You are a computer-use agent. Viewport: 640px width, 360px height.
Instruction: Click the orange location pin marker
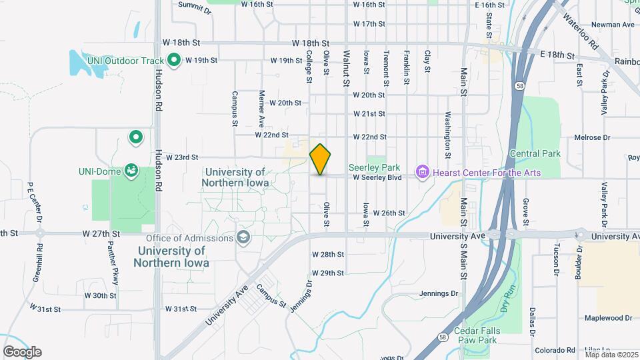coord(321,159)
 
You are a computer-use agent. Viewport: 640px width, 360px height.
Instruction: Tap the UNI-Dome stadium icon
coord(132,171)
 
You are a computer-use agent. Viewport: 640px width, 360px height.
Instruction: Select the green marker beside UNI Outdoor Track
coord(175,61)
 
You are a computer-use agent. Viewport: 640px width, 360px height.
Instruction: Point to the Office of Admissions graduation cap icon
coord(243,238)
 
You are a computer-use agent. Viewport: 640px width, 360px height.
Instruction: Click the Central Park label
coord(535,154)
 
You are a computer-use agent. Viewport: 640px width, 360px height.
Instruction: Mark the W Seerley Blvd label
coord(377,177)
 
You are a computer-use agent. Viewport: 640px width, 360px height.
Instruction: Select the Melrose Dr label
coord(593,138)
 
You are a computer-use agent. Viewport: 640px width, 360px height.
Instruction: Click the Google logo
coord(22,352)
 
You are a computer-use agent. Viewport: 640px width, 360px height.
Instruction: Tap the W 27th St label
coord(101,234)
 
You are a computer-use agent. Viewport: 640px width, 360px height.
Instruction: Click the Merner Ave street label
coord(262,109)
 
